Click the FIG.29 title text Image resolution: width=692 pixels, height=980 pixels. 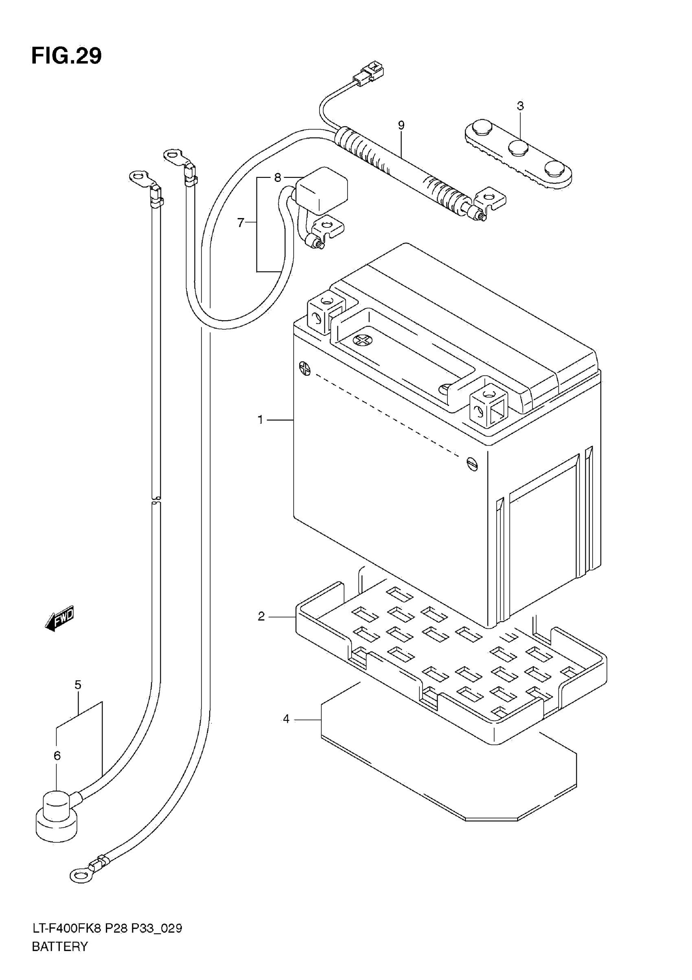67,56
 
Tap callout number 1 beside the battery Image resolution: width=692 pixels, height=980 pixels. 261,420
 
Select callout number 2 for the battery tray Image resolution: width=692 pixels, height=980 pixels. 261,616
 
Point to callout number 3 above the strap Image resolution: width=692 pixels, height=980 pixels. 520,106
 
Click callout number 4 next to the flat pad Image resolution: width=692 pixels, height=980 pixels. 286,719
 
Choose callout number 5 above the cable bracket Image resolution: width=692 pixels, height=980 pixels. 78,685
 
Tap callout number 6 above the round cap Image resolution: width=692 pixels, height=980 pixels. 57,756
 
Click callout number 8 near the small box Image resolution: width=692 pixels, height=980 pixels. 278,177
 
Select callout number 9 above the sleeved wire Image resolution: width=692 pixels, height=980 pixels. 401,125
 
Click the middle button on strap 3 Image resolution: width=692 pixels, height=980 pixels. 518,148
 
